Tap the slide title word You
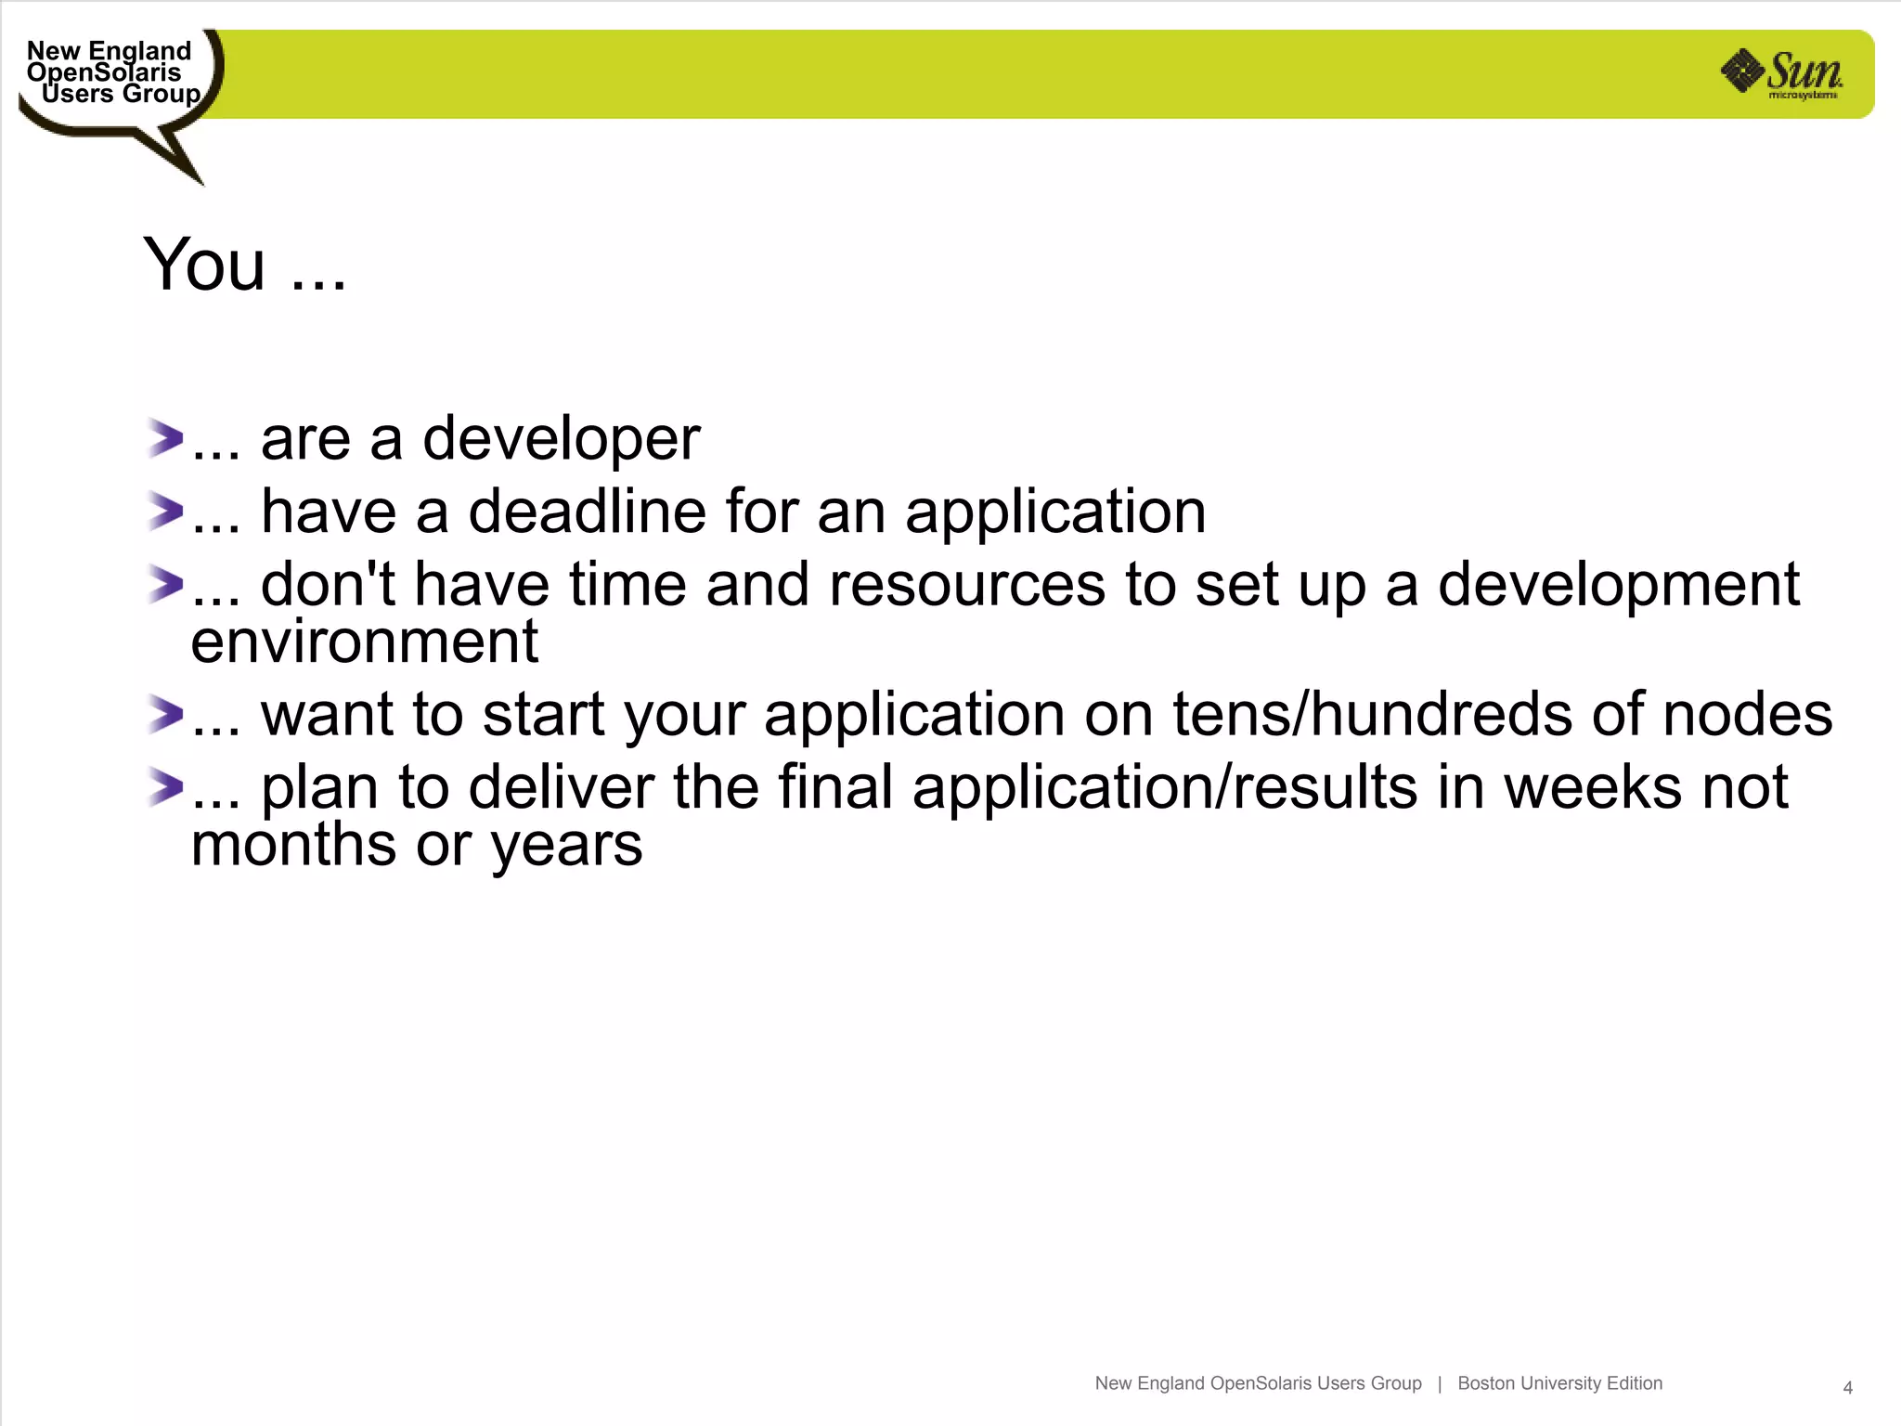(x=205, y=266)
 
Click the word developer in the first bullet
(x=561, y=438)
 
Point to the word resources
(x=966, y=585)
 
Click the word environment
(x=364, y=642)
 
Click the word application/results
(x=1164, y=787)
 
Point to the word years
(x=566, y=847)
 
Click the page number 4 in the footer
(x=1847, y=1388)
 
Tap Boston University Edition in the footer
(x=1559, y=1383)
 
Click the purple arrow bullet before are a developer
(x=165, y=438)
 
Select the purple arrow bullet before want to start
(x=165, y=714)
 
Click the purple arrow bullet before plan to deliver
(x=165, y=787)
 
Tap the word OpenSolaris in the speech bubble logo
(x=104, y=72)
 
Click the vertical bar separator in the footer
(x=1440, y=1383)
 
